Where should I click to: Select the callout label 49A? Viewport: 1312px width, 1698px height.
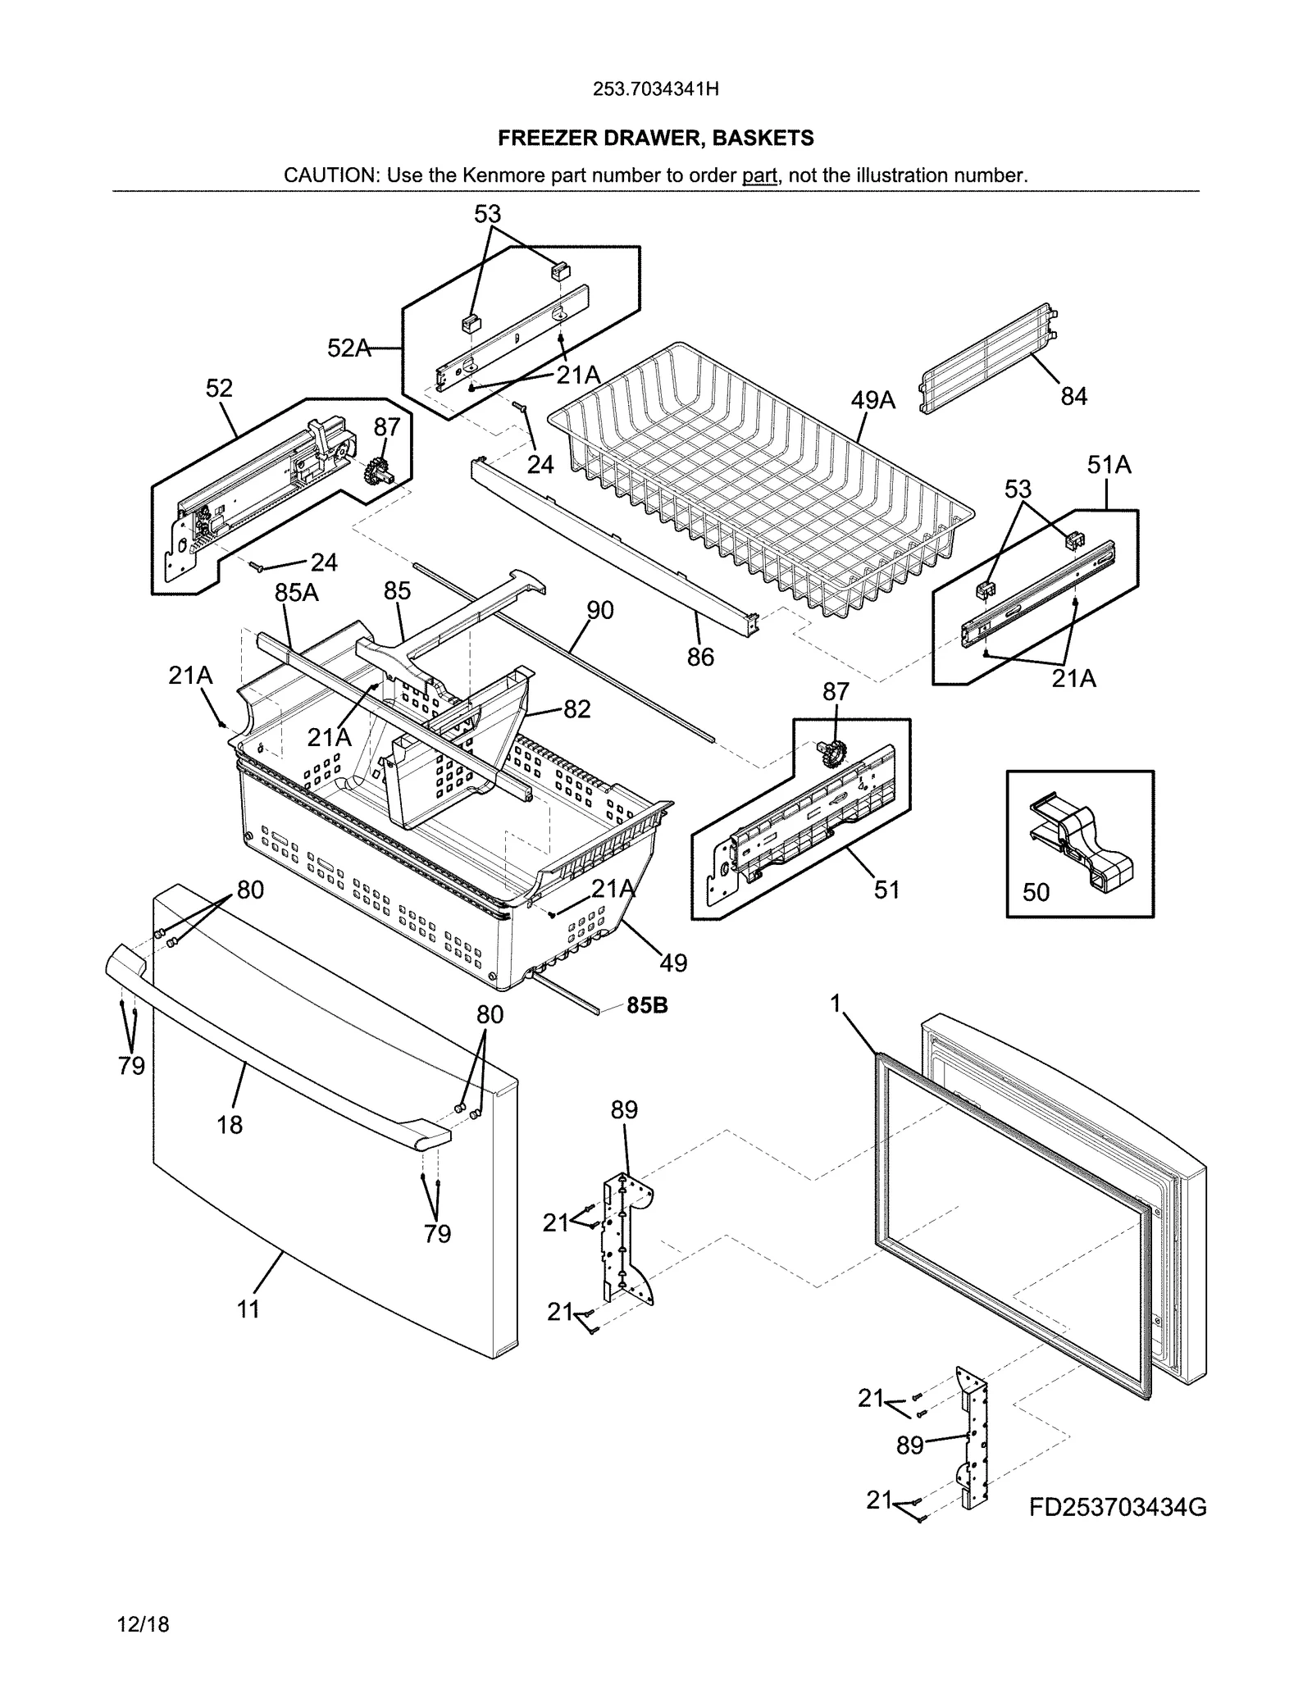872,400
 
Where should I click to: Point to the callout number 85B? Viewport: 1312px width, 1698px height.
647,1005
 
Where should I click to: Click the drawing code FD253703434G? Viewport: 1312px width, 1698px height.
1118,1507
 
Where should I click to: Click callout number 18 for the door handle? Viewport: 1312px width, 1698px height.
230,1125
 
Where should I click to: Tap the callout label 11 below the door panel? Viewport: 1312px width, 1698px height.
248,1309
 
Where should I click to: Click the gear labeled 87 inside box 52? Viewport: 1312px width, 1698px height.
378,472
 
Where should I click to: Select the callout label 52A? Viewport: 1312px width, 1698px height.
348,348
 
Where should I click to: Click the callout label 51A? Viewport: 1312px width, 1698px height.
1109,466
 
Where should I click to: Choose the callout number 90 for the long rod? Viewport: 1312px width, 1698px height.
600,610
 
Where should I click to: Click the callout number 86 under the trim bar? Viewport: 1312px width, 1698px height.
700,657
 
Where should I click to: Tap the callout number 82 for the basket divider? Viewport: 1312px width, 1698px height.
576,709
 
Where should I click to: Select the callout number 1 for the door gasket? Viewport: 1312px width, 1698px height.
836,1004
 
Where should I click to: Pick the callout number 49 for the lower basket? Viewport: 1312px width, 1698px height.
673,963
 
